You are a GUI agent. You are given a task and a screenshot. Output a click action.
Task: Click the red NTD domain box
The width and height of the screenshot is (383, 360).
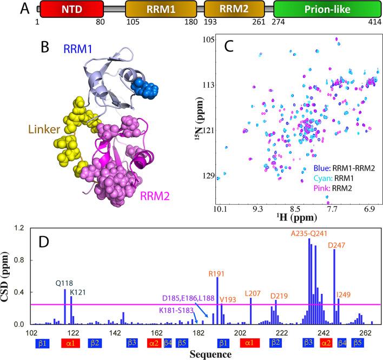point(64,10)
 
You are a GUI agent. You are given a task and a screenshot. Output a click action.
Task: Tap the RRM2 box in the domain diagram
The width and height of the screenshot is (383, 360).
point(234,10)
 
